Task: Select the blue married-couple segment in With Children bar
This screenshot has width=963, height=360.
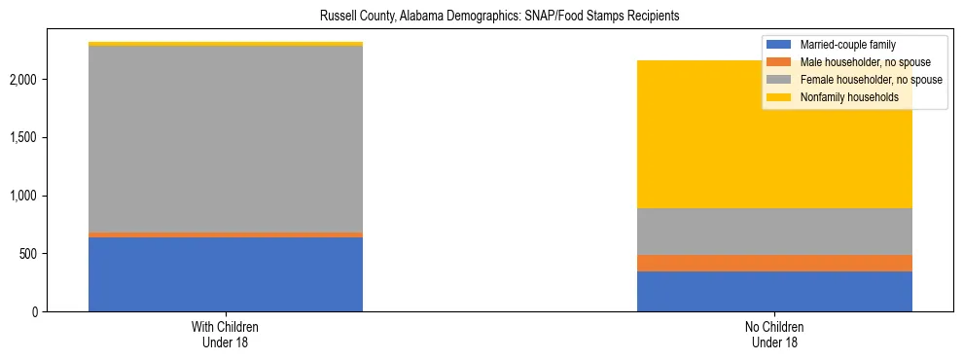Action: point(226,274)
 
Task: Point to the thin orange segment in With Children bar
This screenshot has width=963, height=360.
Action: point(226,234)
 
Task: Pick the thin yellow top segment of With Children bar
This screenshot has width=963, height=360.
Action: point(226,44)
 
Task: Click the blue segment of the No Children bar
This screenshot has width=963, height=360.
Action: point(774,291)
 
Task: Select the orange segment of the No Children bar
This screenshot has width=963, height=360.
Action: point(774,263)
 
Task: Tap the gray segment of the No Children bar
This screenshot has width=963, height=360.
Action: point(774,232)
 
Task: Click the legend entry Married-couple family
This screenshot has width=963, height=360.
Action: point(846,45)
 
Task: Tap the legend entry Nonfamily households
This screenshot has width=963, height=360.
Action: point(842,97)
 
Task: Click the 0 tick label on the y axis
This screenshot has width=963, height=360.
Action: point(35,312)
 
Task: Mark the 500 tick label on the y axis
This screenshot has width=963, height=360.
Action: point(29,254)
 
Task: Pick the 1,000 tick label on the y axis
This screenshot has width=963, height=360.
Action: point(25,196)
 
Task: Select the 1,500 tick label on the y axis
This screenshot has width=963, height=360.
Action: point(25,137)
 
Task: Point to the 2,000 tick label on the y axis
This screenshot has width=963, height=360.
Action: point(25,79)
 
